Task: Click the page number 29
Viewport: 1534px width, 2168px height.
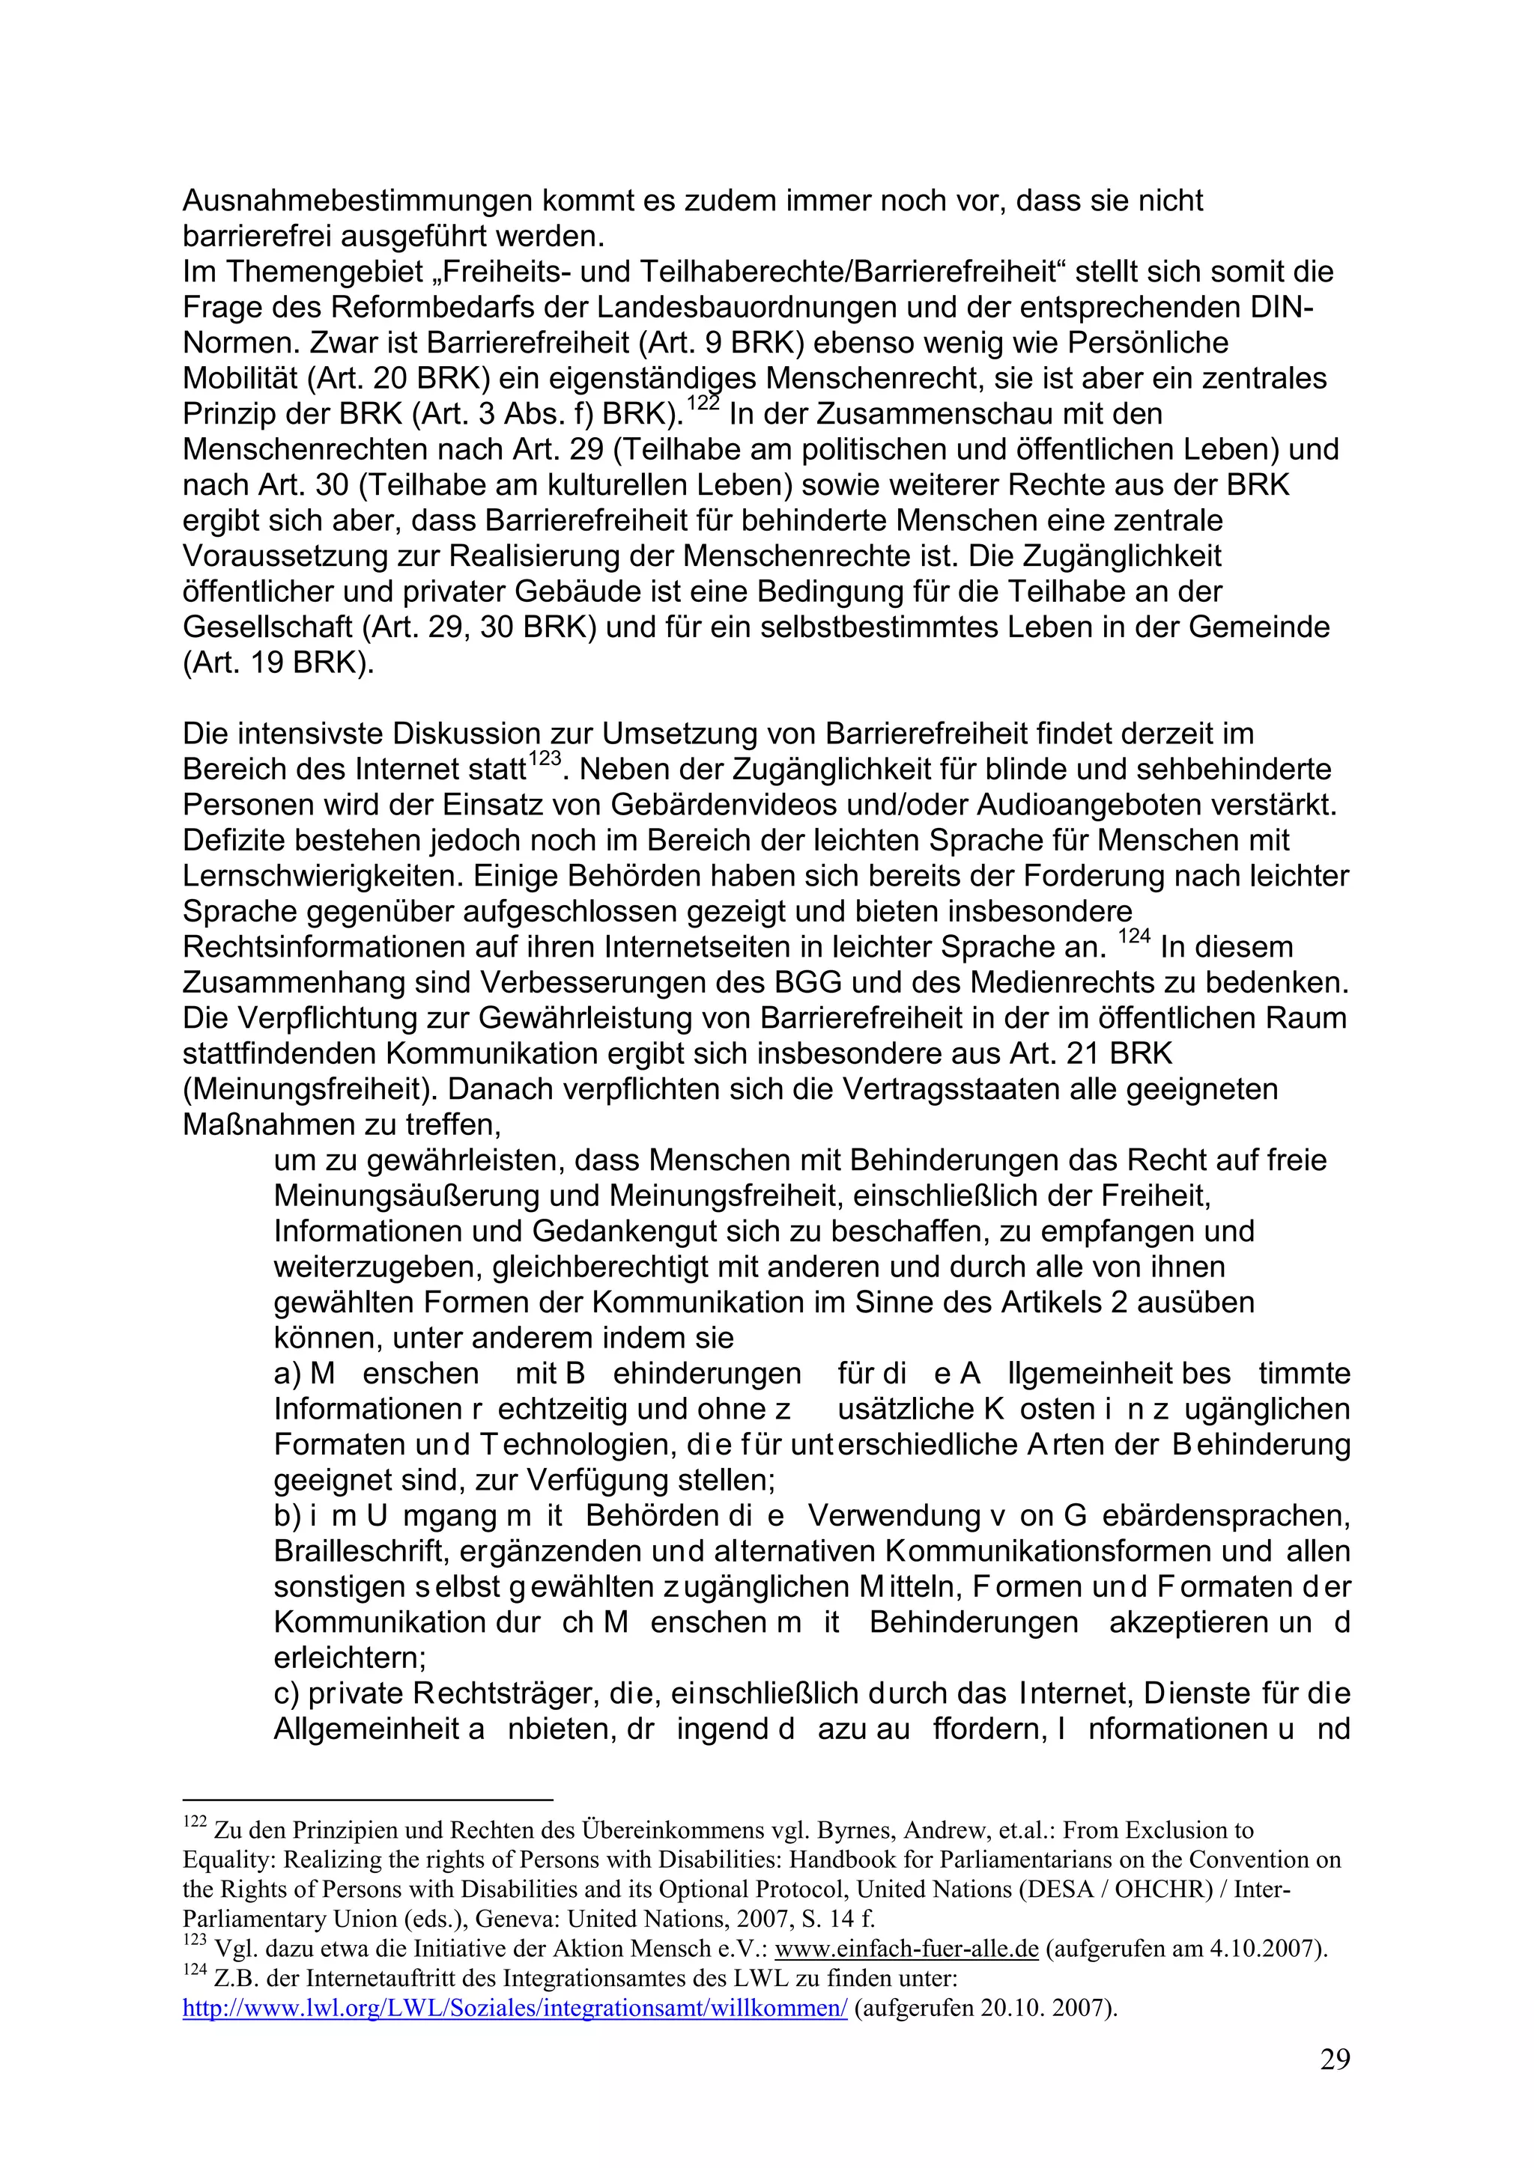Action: pos(1335,2086)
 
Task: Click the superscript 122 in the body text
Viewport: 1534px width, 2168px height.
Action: pos(703,404)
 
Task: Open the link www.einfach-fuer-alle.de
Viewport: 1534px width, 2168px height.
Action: pos(906,1976)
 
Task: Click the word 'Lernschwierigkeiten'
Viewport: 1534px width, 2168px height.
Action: pos(321,877)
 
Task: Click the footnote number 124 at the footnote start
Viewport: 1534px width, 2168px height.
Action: pos(195,1999)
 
